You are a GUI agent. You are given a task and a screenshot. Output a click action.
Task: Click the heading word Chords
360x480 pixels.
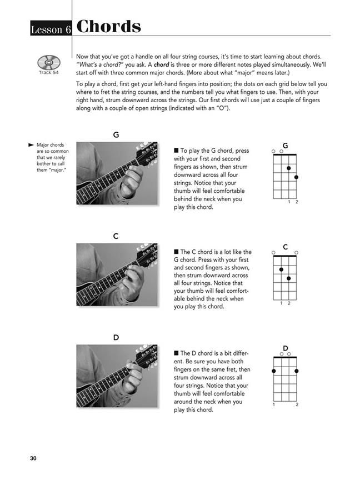pyautogui.click(x=109, y=27)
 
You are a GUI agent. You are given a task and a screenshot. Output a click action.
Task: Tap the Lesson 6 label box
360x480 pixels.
pyautogui.click(x=51, y=30)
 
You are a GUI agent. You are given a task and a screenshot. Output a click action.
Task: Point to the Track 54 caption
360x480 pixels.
pyautogui.click(x=49, y=72)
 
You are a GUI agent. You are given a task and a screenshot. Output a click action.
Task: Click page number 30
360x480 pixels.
pyautogui.click(x=33, y=458)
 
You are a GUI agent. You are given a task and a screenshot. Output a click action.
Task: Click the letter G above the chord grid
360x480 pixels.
pyautogui.click(x=285, y=146)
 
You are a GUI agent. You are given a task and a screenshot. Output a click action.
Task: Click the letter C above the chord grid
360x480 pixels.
pyautogui.click(x=285, y=247)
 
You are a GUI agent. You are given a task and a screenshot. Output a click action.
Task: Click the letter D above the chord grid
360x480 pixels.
pyautogui.click(x=285, y=348)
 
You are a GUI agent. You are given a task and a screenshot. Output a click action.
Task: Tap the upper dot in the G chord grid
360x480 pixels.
pyautogui.click(x=289, y=167)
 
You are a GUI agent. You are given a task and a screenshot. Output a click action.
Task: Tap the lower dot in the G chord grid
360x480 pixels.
pyautogui.click(x=297, y=177)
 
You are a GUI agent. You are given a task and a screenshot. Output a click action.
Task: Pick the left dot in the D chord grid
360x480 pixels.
pyautogui.click(x=274, y=371)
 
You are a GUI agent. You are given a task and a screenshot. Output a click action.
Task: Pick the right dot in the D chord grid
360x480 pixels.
pyautogui.click(x=297, y=371)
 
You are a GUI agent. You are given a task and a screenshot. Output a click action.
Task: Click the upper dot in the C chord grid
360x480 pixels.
pyautogui.click(x=282, y=269)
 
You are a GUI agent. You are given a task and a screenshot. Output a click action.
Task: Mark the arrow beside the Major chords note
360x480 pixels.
pyautogui.click(x=31, y=144)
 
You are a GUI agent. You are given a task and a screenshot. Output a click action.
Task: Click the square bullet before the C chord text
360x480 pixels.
pyautogui.click(x=176, y=252)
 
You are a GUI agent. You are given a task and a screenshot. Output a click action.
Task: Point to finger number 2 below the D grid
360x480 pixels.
pyautogui.click(x=297, y=404)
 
